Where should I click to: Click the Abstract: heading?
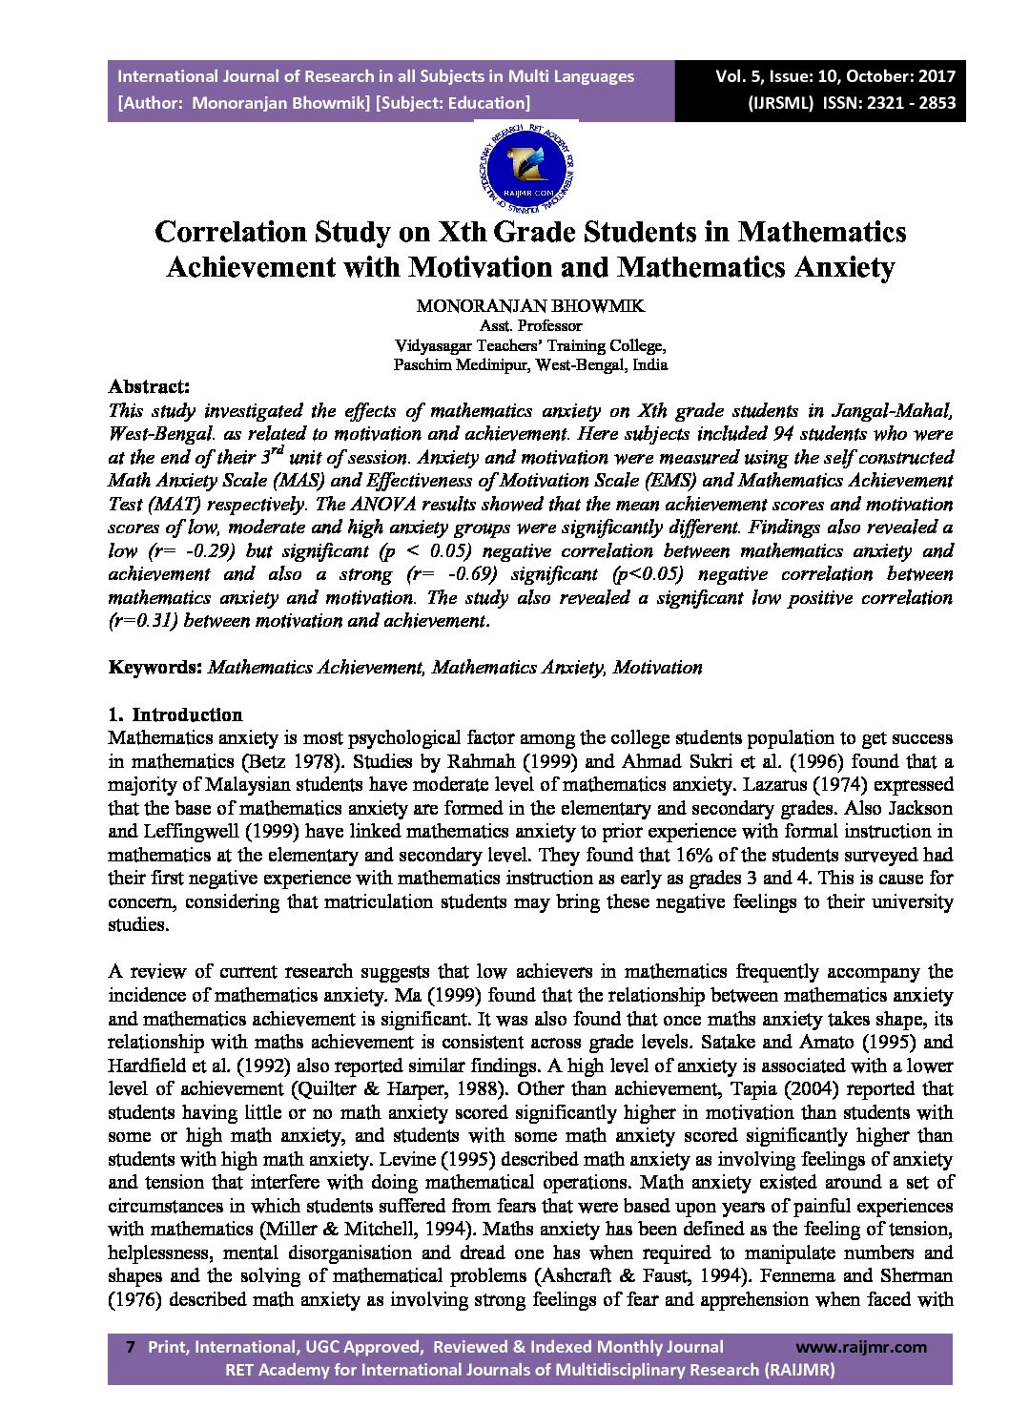(x=149, y=386)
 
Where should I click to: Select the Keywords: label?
(x=154, y=667)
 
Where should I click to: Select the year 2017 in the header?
(x=935, y=76)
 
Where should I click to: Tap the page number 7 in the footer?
(x=130, y=1347)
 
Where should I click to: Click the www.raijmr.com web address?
(x=860, y=1347)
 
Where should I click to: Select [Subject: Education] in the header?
(x=454, y=103)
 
